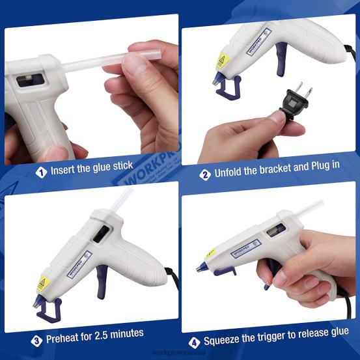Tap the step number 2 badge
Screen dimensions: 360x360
[x=204, y=174]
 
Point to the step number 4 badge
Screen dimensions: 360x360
[x=194, y=342]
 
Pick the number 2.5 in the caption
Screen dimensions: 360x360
[x=111, y=335]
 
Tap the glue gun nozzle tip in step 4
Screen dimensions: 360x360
[x=199, y=268]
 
